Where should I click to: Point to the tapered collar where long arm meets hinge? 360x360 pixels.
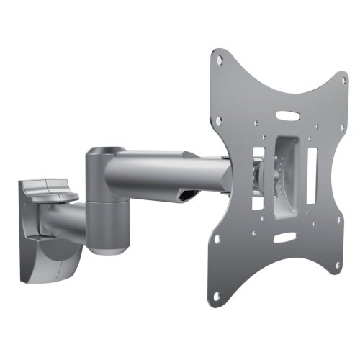tap(130, 173)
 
